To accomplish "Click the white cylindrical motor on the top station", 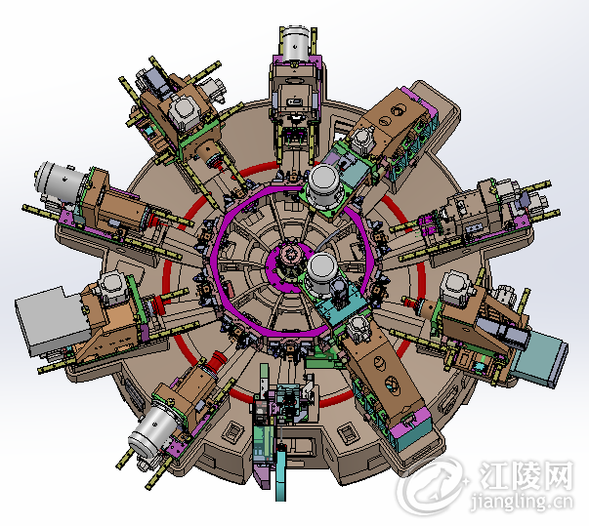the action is [296, 43].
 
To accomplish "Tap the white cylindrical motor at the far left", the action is [58, 182].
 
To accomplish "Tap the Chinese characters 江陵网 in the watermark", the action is [526, 475].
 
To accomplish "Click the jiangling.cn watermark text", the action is [523, 502].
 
